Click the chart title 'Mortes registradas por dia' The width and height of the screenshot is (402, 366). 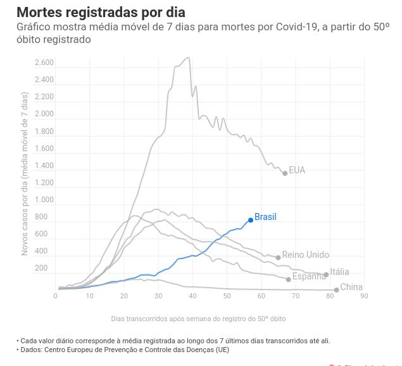101,12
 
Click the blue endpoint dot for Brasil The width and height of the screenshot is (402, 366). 251,220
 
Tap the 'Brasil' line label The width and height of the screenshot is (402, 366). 265,217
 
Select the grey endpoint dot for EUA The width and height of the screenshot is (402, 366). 285,173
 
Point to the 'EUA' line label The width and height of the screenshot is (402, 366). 297,170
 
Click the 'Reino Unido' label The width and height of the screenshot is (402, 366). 305,255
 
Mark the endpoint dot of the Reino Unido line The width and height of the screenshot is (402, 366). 278,258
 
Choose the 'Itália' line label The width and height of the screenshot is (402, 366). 339,272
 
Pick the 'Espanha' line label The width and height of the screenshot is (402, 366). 309,276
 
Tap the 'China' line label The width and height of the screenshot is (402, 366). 351,287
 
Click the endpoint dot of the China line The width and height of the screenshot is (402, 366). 336,290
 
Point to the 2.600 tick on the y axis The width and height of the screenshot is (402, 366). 44,63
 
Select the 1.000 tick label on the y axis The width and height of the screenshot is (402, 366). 44,200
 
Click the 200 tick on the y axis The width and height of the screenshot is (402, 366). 41,268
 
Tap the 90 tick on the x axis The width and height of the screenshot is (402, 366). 364,296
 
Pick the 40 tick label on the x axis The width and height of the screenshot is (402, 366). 192,296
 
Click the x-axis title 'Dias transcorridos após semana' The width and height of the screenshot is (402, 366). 198,319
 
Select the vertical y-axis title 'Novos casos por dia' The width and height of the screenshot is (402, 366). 25,174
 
